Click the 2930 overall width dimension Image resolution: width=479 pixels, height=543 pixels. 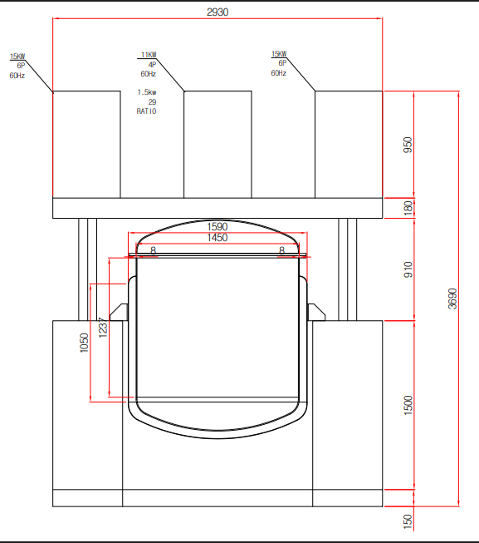(x=218, y=12)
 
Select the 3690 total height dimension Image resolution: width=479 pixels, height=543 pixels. (x=452, y=299)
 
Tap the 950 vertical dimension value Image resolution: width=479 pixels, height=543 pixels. (x=408, y=145)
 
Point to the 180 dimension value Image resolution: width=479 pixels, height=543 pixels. (x=408, y=208)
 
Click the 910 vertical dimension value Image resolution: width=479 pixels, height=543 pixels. (x=408, y=269)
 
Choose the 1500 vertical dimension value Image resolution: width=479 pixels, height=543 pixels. (x=408, y=405)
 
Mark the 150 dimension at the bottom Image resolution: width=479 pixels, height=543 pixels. (x=408, y=521)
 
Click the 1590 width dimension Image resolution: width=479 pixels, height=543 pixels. (x=218, y=227)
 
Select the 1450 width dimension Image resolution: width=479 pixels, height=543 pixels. (x=218, y=238)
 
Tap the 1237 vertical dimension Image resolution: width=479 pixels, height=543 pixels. (x=103, y=328)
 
